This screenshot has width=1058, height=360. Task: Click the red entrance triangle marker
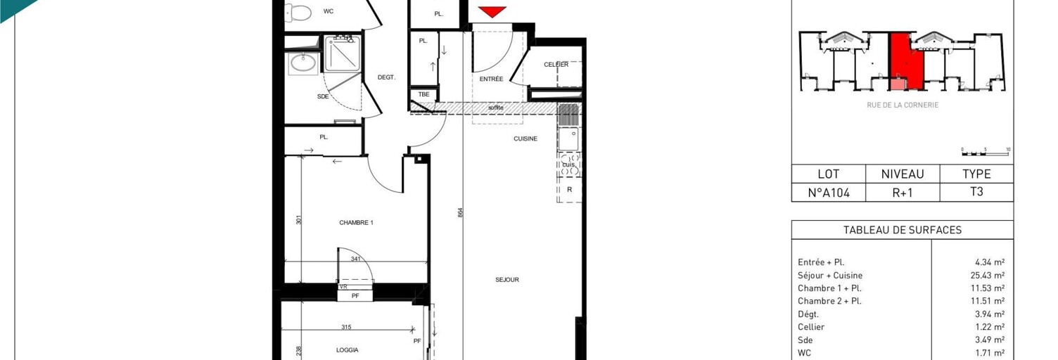(492, 11)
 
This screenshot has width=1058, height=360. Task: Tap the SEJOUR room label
(506, 280)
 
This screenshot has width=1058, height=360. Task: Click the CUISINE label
(525, 139)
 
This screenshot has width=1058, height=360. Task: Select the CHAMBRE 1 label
(356, 223)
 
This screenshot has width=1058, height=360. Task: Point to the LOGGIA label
(347, 350)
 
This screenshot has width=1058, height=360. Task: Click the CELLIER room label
(556, 65)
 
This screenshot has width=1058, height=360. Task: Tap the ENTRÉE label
(491, 79)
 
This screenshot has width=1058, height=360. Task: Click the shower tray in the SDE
(343, 53)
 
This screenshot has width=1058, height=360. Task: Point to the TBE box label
(423, 94)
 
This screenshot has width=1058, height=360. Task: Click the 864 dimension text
(460, 212)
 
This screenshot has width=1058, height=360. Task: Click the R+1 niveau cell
(902, 193)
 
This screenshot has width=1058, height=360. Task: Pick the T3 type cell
(976, 192)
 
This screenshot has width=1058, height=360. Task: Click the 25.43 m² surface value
(987, 276)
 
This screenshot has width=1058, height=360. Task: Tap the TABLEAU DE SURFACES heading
(902, 231)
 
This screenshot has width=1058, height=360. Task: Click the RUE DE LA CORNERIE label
(903, 105)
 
